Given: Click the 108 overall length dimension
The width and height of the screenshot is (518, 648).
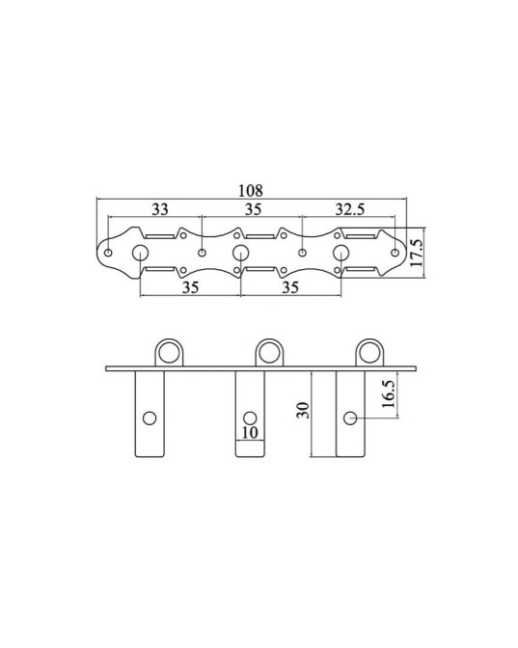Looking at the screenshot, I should coord(252,191).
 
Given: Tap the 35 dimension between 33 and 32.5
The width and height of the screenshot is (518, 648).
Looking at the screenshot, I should coord(252,208).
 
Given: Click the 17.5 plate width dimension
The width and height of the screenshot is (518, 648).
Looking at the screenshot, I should coord(417,253).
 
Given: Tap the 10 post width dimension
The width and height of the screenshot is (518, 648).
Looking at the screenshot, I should coord(249,433).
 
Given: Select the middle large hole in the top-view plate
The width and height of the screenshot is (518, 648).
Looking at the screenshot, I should coord(241,254).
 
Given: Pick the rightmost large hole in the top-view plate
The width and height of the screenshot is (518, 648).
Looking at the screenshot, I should coord(341,254).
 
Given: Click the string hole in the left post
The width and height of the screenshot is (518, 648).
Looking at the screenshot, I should coord(150,418).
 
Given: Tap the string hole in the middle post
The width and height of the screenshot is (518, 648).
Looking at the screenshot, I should coord(250,418).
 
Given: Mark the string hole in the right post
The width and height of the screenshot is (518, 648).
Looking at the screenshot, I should coord(351,418).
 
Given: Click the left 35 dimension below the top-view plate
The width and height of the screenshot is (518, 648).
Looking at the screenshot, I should coord(190,287).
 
